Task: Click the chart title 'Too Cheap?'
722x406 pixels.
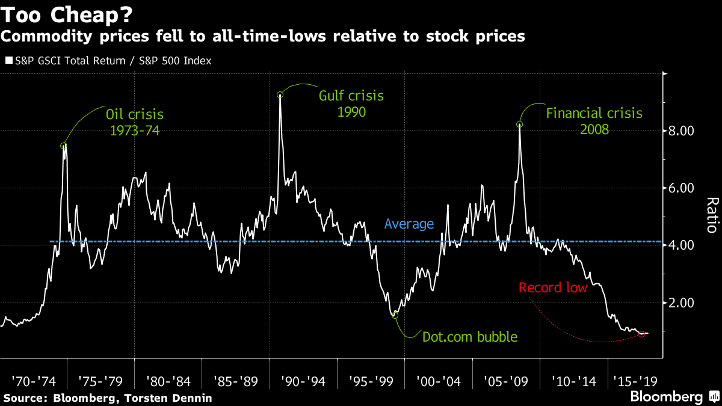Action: pyautogui.click(x=67, y=13)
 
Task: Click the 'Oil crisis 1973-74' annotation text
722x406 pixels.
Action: pyautogui.click(x=134, y=121)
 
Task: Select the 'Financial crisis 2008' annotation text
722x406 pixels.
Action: pyautogui.click(x=594, y=121)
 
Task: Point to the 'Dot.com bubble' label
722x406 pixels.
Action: pyautogui.click(x=470, y=337)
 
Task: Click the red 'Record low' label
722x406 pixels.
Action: pyautogui.click(x=552, y=288)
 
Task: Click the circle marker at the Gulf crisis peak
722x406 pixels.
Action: pyautogui.click(x=280, y=95)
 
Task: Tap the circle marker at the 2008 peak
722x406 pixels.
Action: pyautogui.click(x=519, y=125)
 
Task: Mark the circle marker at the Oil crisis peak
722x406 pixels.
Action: pyautogui.click(x=63, y=146)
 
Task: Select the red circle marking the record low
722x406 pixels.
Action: pyautogui.click(x=641, y=334)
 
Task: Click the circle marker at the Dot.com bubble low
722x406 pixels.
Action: pyautogui.click(x=395, y=315)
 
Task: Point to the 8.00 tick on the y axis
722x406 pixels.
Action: pyautogui.click(x=682, y=131)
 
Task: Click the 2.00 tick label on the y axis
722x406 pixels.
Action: pyautogui.click(x=682, y=303)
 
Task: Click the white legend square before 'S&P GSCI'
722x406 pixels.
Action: pyautogui.click(x=8, y=61)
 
